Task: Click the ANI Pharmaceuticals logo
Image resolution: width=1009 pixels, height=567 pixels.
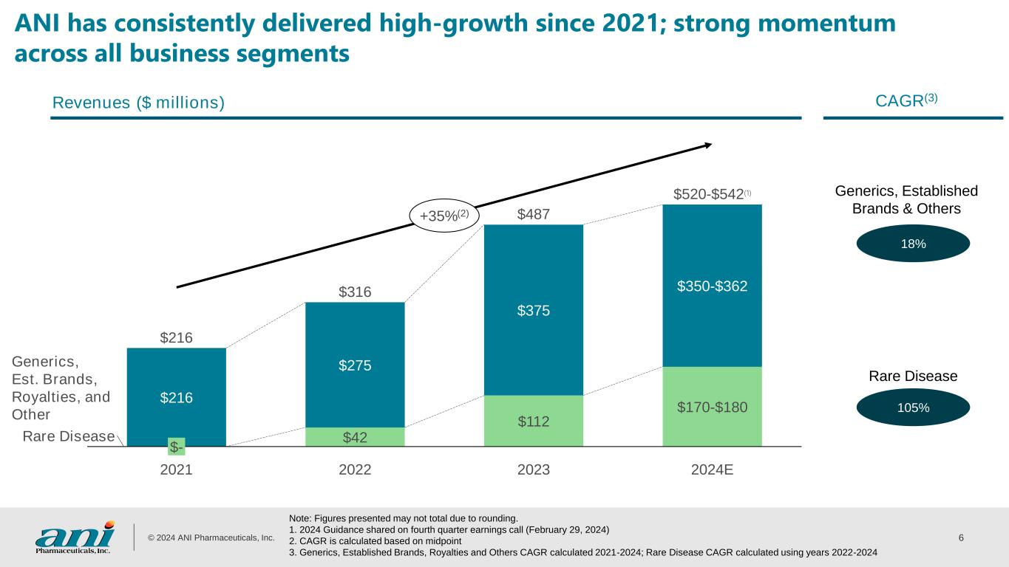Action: pos(75,537)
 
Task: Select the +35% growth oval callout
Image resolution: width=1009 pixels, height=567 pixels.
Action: pos(444,216)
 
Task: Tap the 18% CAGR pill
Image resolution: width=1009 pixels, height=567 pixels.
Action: pos(914,244)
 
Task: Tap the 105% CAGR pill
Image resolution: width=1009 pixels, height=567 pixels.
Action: pos(914,408)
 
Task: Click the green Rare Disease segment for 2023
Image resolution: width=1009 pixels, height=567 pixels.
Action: pos(533,421)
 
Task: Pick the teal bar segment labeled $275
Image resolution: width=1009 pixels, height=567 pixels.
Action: pos(355,365)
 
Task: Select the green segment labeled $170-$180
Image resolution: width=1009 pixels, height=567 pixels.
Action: pos(712,406)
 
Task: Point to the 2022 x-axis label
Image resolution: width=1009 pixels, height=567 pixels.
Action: pos(355,470)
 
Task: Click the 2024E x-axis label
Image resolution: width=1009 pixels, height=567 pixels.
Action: pos(712,470)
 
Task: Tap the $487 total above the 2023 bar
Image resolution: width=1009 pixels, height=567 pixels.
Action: pos(533,214)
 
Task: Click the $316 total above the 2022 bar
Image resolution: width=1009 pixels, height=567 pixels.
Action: pos(355,292)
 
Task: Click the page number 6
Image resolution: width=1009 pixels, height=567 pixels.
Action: pos(960,537)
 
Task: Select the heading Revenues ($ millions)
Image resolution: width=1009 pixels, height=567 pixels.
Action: pos(138,103)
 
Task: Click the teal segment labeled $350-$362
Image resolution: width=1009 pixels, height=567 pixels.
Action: pos(712,286)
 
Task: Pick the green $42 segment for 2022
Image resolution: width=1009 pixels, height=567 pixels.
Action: pos(355,437)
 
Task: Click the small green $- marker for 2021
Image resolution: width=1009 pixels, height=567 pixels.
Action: pos(176,447)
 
